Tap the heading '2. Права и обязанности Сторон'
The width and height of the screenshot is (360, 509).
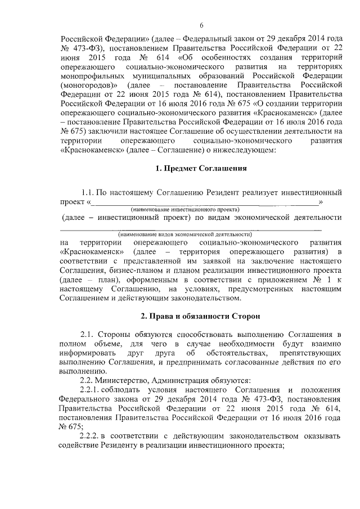201,317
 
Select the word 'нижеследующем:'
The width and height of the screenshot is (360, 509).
245,150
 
